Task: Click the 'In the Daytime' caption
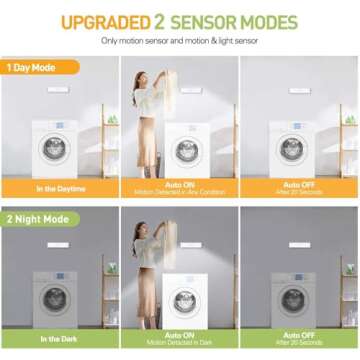point(60,188)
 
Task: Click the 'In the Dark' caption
point(60,339)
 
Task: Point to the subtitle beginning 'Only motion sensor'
point(180,41)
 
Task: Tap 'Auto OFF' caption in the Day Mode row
point(298,184)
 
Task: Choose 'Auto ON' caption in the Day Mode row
point(180,184)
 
